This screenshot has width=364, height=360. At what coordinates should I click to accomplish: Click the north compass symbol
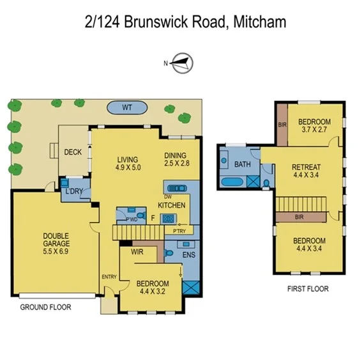click(182, 62)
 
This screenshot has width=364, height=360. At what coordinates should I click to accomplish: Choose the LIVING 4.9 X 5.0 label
click(128, 163)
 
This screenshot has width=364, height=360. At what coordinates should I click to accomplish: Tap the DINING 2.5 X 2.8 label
click(176, 159)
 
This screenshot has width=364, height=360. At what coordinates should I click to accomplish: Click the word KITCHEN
click(172, 205)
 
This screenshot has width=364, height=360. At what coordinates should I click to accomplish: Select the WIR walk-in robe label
click(137, 253)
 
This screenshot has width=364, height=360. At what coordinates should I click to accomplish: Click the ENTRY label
click(109, 276)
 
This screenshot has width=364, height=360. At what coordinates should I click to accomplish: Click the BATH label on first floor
click(242, 165)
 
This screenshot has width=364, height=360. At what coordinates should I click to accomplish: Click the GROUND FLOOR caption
click(45, 307)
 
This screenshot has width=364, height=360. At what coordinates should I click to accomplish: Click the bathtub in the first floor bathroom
click(232, 183)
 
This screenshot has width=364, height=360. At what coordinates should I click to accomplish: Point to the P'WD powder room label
click(132, 219)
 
